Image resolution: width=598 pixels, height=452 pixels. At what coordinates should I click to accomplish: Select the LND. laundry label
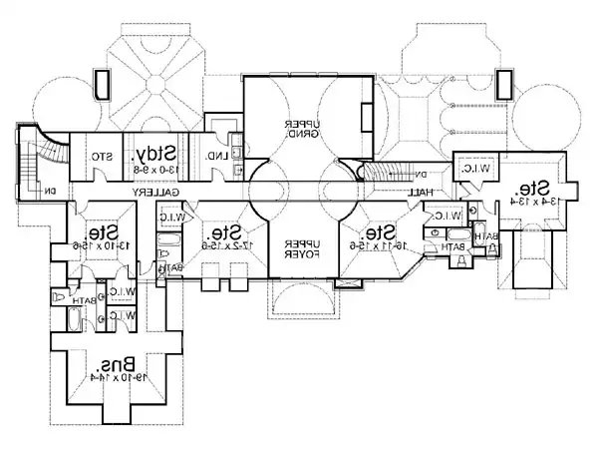coord(213,157)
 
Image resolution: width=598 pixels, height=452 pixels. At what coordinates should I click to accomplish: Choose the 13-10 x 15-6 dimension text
coord(96,244)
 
